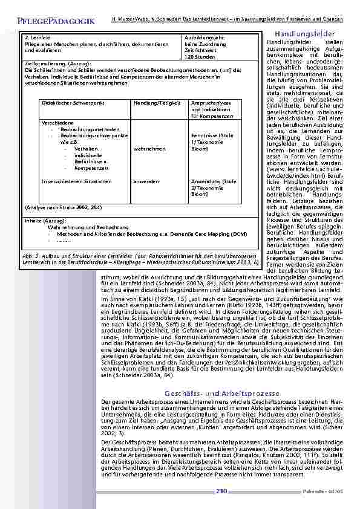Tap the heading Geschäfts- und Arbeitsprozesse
(219, 394)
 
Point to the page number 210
(221, 491)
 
